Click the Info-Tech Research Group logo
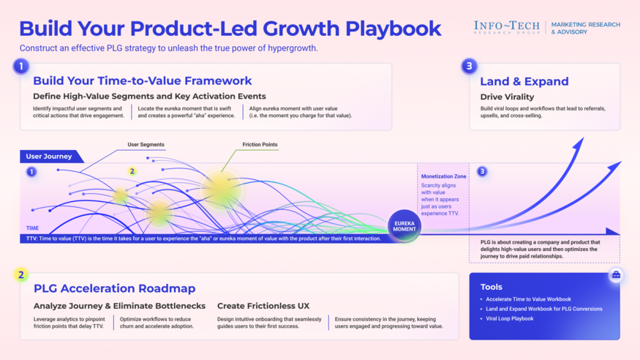506,28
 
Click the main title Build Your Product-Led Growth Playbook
230,29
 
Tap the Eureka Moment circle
404,226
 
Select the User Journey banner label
49,157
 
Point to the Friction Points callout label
260,145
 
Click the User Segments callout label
146,145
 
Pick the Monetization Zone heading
443,176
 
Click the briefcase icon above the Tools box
616,275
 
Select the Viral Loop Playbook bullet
511,318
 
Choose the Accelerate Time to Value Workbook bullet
528,299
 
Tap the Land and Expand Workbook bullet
543,309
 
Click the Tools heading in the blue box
491,287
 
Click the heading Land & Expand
524,81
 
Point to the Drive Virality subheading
507,97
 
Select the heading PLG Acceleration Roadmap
114,288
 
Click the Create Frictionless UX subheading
263,306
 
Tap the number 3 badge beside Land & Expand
469,66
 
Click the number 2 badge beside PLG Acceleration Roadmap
20,275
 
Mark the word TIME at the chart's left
33,228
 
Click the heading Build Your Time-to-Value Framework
142,80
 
